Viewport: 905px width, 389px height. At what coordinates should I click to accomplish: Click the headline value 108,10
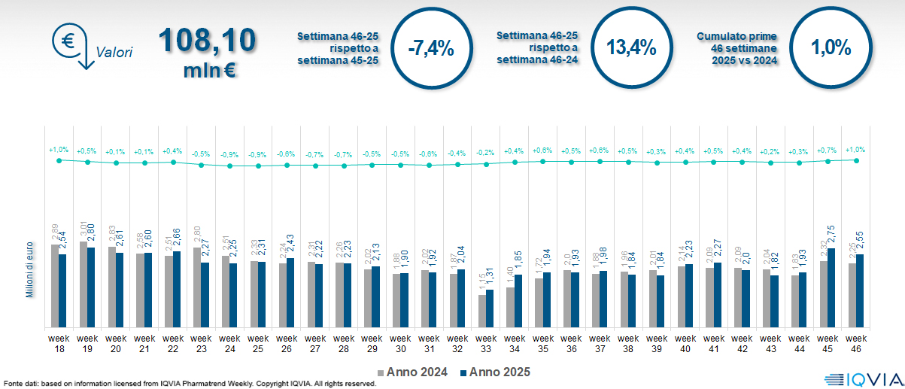pos(207,41)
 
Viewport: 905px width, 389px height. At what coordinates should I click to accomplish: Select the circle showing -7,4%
pos(430,48)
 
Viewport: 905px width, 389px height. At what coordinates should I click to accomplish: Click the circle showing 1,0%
pos(831,48)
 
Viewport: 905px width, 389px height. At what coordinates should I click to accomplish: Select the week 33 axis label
pos(487,343)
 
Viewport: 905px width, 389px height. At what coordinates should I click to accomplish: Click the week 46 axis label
pos(855,343)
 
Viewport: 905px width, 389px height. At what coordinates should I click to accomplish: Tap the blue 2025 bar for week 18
pos(62,290)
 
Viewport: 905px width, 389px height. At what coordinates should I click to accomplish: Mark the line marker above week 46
pos(856,160)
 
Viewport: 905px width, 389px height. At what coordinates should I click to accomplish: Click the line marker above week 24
pos(230,166)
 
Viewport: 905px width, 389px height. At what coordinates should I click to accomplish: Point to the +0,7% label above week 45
pos(828,150)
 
